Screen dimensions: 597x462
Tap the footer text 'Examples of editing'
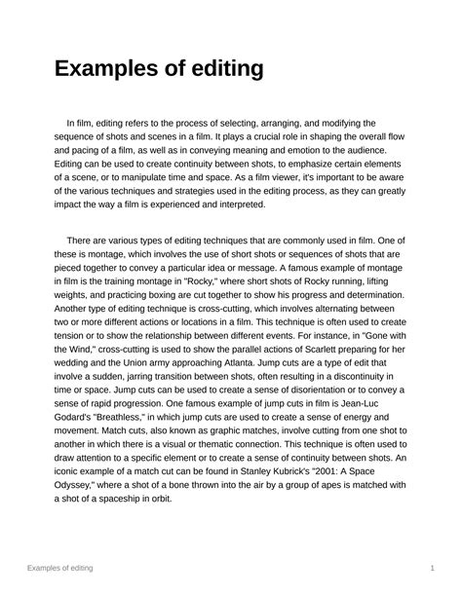coord(74,567)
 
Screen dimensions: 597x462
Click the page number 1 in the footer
coord(431,567)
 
